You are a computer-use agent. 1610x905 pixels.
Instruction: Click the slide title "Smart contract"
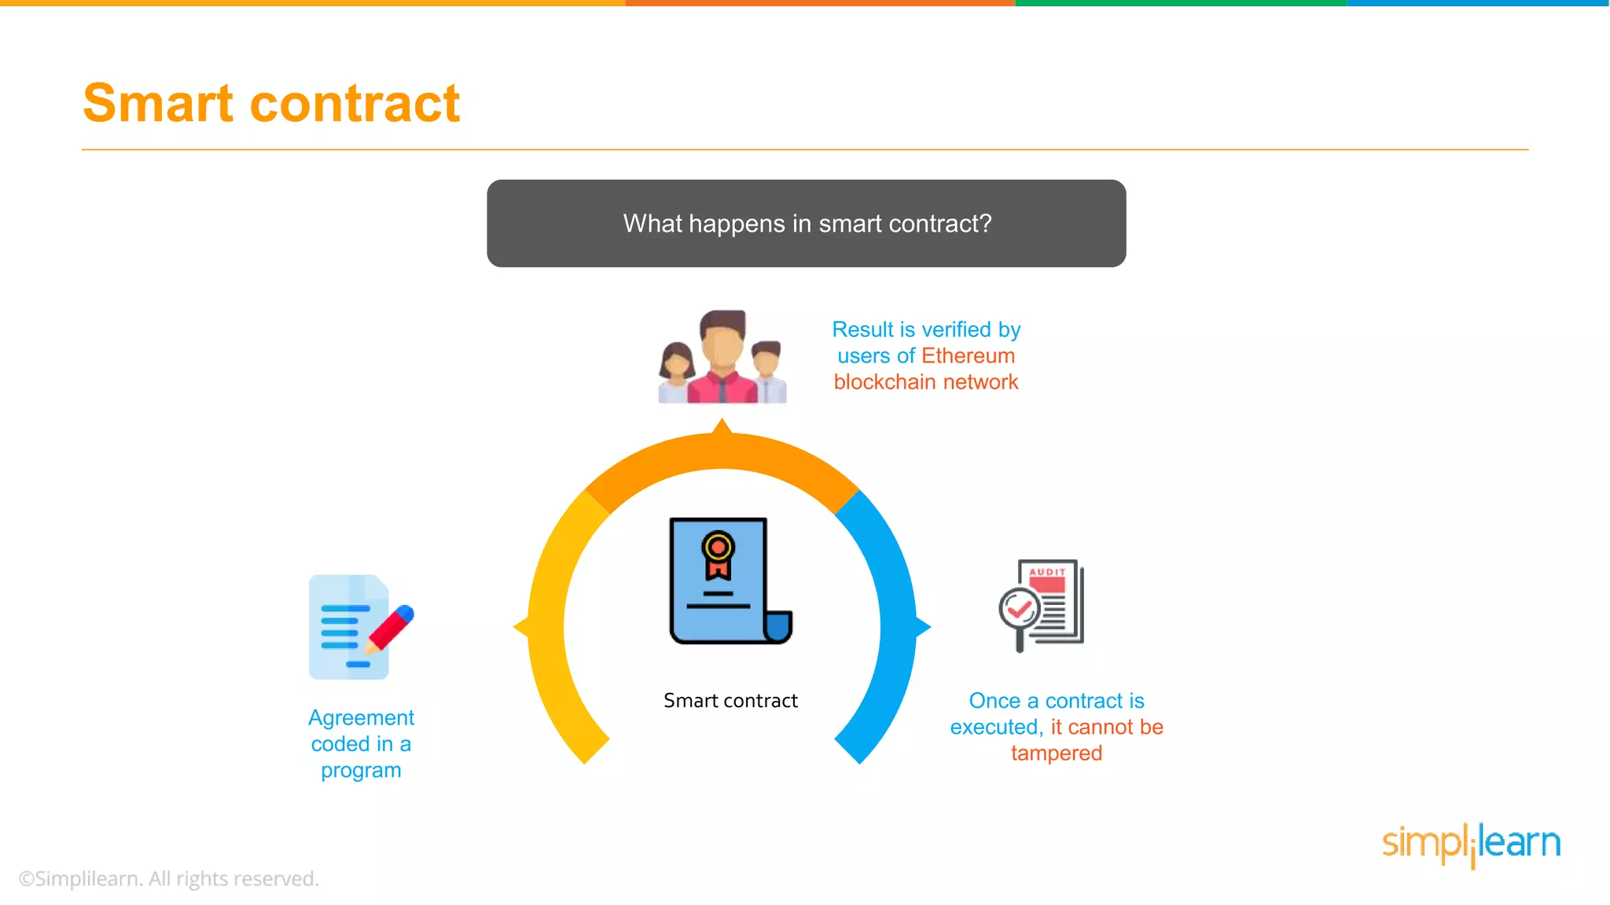[x=271, y=104]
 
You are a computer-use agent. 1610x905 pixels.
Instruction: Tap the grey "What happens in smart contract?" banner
[x=806, y=223]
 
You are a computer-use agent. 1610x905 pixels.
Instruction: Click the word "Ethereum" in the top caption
[x=968, y=356]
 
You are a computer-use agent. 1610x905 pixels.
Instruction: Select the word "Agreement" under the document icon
[x=361, y=717]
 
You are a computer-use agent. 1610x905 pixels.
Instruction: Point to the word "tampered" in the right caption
[x=1056, y=753]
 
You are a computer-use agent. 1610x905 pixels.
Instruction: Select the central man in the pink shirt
[x=722, y=357]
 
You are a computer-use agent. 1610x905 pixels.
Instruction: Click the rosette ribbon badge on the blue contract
[x=718, y=554]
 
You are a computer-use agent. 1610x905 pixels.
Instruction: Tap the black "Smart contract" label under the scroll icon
[x=730, y=700]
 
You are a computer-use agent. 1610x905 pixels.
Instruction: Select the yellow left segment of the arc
[x=550, y=628]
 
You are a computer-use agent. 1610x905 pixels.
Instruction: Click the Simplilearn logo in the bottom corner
[x=1471, y=844]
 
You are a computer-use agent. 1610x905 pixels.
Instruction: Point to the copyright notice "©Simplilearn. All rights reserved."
[x=168, y=878]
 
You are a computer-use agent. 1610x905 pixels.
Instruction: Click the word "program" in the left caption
[x=361, y=770]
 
